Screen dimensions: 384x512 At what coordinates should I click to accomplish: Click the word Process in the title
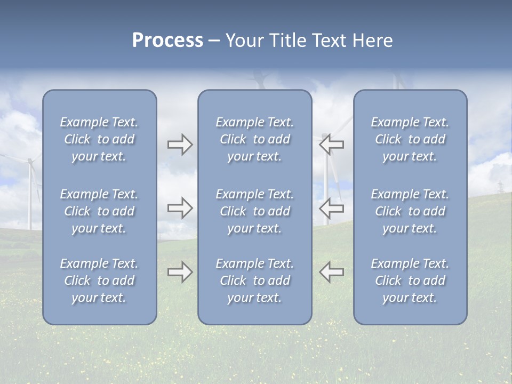pyautogui.click(x=167, y=41)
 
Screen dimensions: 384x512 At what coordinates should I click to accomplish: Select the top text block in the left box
pyautogui.click(x=99, y=139)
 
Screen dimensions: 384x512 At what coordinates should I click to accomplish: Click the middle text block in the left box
pyautogui.click(x=99, y=211)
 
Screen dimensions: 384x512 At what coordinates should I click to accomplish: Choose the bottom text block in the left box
pyautogui.click(x=99, y=281)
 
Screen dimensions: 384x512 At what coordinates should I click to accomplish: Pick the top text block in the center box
pyautogui.click(x=254, y=139)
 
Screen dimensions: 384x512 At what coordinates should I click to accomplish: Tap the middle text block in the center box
pyautogui.click(x=254, y=211)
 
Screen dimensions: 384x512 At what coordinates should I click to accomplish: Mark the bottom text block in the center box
pyautogui.click(x=254, y=281)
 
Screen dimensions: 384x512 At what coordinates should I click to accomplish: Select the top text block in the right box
pyautogui.click(x=410, y=139)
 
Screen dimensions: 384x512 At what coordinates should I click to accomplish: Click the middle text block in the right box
pyautogui.click(x=410, y=211)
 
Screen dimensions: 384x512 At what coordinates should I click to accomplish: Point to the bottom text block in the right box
pyautogui.click(x=410, y=281)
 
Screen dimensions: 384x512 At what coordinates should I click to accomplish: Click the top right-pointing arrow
pyautogui.click(x=180, y=145)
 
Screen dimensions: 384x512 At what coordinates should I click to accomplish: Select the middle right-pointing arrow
pyautogui.click(x=180, y=207)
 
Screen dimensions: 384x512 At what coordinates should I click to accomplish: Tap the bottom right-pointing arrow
pyautogui.click(x=180, y=272)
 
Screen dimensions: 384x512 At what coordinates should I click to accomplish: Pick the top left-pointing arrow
pyautogui.click(x=332, y=145)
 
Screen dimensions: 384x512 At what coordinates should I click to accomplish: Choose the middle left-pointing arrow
pyautogui.click(x=332, y=207)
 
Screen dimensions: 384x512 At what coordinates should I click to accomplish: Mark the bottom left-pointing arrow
pyautogui.click(x=332, y=272)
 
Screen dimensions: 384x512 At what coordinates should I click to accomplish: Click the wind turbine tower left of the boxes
pyautogui.click(x=30, y=197)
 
